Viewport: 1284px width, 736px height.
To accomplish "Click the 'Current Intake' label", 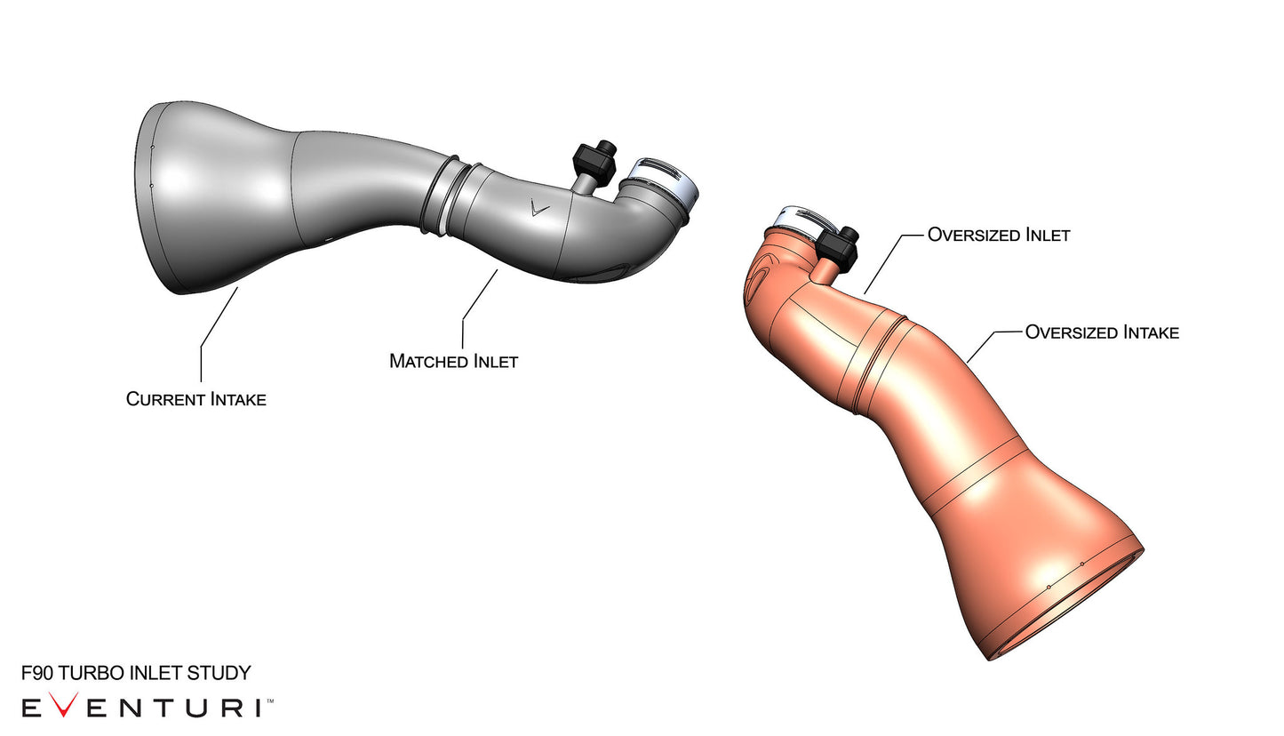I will pos(195,399).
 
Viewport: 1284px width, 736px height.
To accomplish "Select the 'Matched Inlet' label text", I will pos(453,362).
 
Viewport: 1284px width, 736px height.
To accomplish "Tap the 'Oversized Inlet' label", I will pos(998,236).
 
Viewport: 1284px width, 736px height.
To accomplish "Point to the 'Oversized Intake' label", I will pos(1102,332).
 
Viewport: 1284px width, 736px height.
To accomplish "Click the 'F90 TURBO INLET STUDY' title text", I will pos(136,673).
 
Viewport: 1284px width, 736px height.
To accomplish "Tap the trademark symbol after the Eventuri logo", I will pos(270,701).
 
